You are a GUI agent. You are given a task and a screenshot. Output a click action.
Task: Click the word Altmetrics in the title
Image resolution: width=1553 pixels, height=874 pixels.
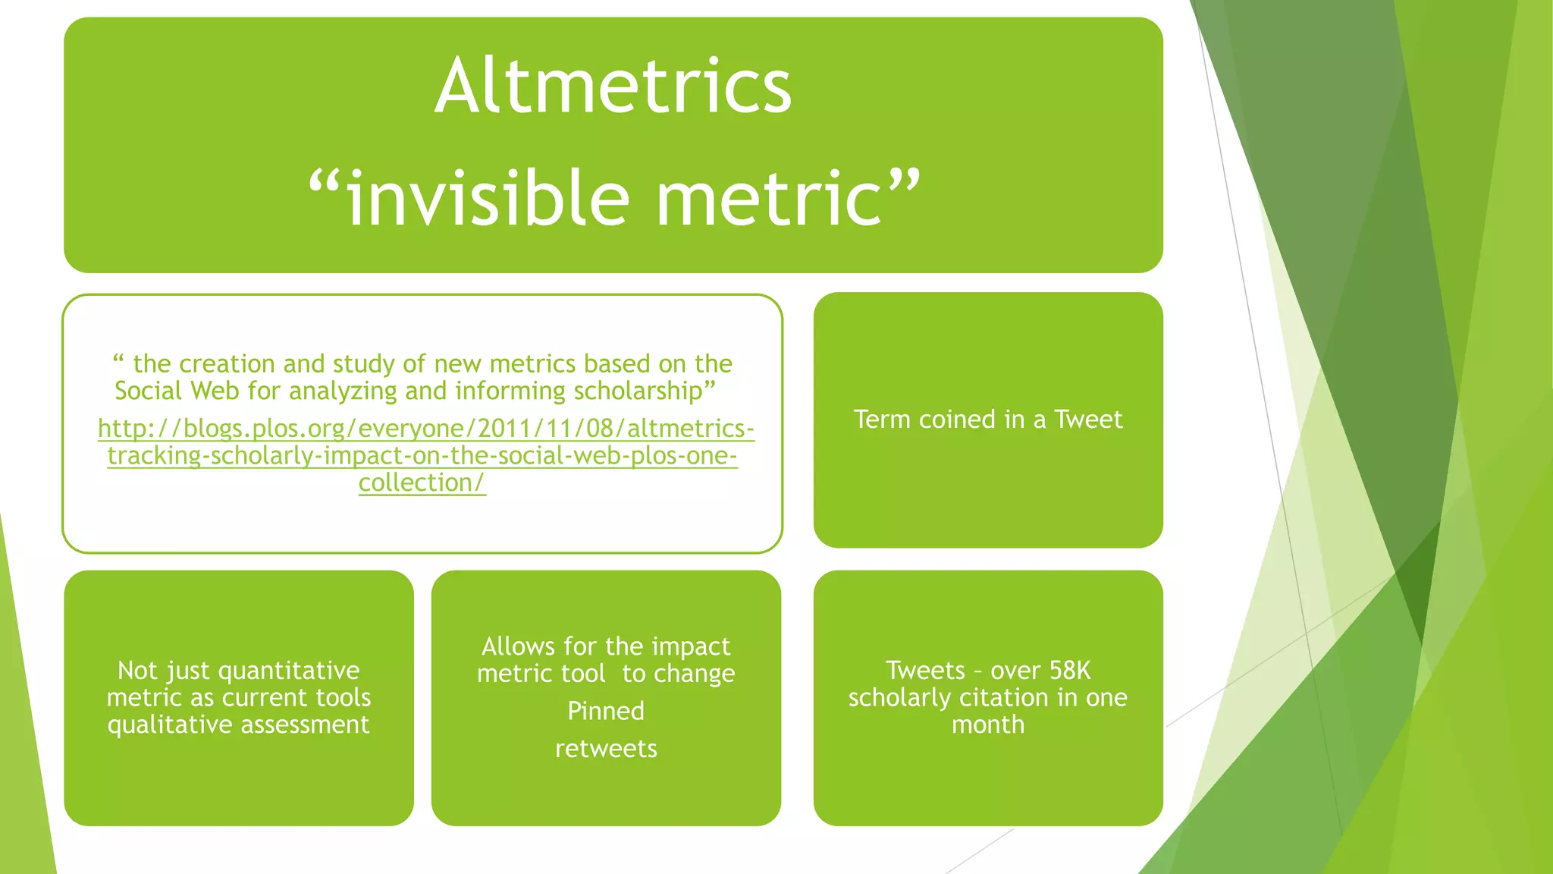pos(613,86)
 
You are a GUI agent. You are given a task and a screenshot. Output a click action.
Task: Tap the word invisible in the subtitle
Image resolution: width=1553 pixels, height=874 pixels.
pos(488,199)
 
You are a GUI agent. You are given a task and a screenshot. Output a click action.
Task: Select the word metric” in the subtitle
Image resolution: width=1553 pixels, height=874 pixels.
pos(789,199)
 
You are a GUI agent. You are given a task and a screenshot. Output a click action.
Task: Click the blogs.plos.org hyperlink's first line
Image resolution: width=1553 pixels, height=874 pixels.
pos(425,429)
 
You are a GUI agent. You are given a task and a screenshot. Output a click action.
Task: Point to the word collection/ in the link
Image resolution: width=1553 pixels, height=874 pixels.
pos(422,483)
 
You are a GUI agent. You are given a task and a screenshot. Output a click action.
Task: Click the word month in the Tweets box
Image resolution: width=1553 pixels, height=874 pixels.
pos(987,725)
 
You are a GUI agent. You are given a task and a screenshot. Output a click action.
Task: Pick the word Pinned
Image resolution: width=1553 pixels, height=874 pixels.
pos(606,712)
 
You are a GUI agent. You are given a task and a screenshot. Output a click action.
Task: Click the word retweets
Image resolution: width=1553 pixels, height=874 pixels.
pos(606,750)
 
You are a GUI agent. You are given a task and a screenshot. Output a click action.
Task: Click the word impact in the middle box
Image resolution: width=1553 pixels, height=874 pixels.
pos(690,646)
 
